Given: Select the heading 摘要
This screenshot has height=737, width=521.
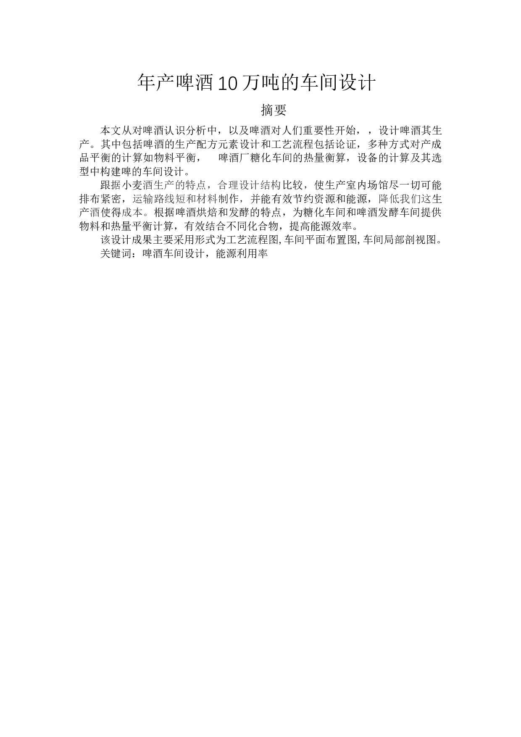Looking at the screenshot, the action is [274, 110].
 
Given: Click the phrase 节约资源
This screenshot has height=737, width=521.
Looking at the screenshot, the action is [304, 199].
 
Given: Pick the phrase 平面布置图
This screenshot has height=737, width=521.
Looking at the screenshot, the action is [331, 240].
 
